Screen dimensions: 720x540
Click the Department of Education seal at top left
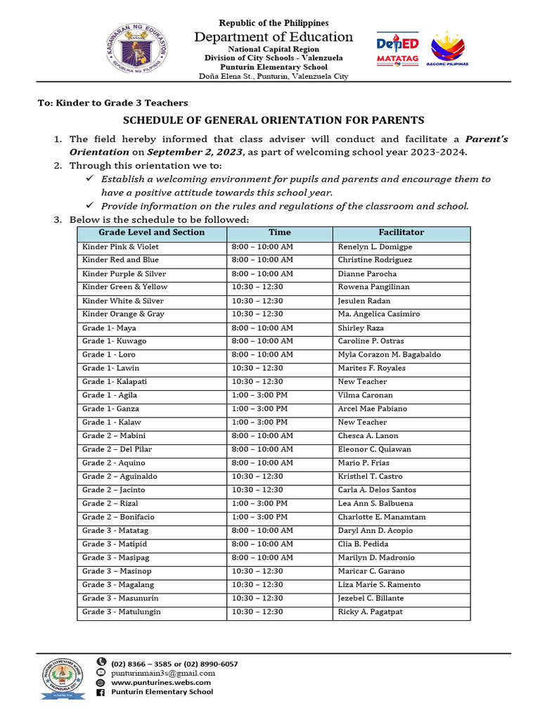pos(139,49)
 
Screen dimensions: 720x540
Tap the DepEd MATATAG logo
pos(398,49)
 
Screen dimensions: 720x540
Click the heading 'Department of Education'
pos(274,37)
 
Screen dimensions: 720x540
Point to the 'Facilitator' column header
pos(401,233)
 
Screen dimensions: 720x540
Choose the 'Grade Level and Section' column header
pos(151,233)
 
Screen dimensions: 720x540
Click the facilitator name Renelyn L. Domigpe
pos(375,247)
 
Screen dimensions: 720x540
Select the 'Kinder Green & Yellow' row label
pos(124,287)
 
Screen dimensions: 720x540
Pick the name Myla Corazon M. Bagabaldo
pos(390,355)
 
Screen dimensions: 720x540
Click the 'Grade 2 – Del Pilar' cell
pos(117,449)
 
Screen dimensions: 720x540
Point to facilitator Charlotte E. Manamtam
pos(381,517)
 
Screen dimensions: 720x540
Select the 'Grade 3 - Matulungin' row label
pos(121,612)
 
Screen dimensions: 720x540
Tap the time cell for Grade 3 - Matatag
pos(262,531)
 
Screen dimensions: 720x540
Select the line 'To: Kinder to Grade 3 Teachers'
pos(112,103)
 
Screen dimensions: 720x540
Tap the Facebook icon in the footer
pos(101,693)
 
